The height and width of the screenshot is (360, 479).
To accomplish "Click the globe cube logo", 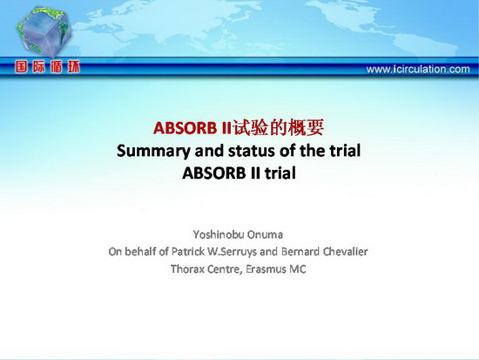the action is point(44,31).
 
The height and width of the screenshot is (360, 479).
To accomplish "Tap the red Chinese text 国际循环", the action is point(47,66).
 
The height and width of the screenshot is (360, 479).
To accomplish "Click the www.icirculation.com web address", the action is point(418,69).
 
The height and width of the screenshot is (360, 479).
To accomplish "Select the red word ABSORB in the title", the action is point(185,127).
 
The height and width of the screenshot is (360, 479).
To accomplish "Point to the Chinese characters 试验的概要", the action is point(279,127).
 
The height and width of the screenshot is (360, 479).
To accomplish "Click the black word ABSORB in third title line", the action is point(214,173).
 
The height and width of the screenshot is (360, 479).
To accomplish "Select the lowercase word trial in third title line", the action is point(280,173).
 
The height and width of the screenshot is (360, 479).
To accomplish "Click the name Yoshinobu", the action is point(219,234).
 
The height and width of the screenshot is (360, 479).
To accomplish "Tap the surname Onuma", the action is point(265,234).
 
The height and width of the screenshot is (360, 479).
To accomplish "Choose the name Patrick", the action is point(188,251).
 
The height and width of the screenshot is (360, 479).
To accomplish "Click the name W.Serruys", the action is point(233,252).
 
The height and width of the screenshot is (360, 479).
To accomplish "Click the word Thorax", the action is point(186,269).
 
